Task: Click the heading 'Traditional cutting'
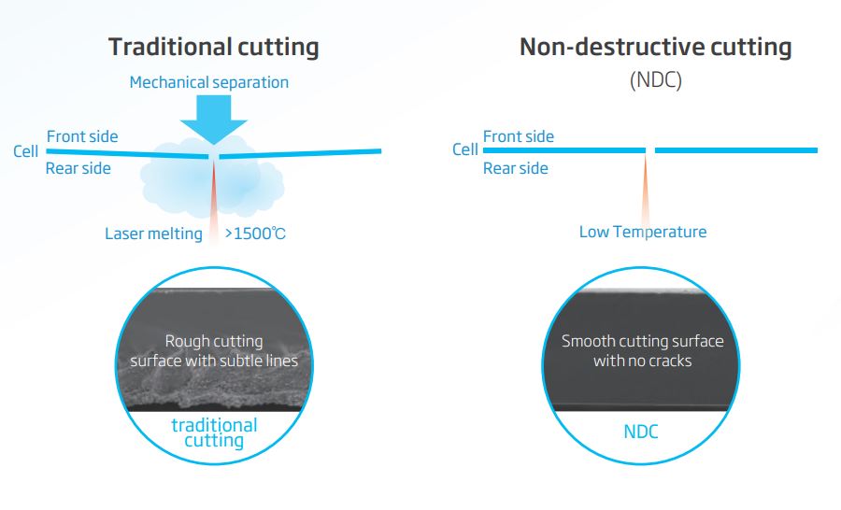pyautogui.click(x=213, y=47)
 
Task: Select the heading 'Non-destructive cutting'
pyautogui.click(x=655, y=47)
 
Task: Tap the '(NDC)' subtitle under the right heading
pyautogui.click(x=655, y=80)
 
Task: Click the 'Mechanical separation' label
pyautogui.click(x=209, y=82)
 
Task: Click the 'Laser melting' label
pyautogui.click(x=153, y=234)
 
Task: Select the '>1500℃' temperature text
pyautogui.click(x=255, y=234)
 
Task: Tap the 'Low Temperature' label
pyautogui.click(x=643, y=232)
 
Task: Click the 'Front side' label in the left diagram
pyautogui.click(x=82, y=136)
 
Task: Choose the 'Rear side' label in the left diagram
pyautogui.click(x=78, y=169)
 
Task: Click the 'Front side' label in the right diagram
pyautogui.click(x=519, y=136)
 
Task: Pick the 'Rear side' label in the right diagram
pyautogui.click(x=516, y=169)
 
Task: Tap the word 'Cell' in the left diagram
pyautogui.click(x=26, y=151)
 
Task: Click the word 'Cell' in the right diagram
pyautogui.click(x=464, y=149)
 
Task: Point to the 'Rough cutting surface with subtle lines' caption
pyautogui.click(x=214, y=350)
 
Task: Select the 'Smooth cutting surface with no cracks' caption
pyautogui.click(x=643, y=350)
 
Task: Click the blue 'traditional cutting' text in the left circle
pyautogui.click(x=214, y=433)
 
